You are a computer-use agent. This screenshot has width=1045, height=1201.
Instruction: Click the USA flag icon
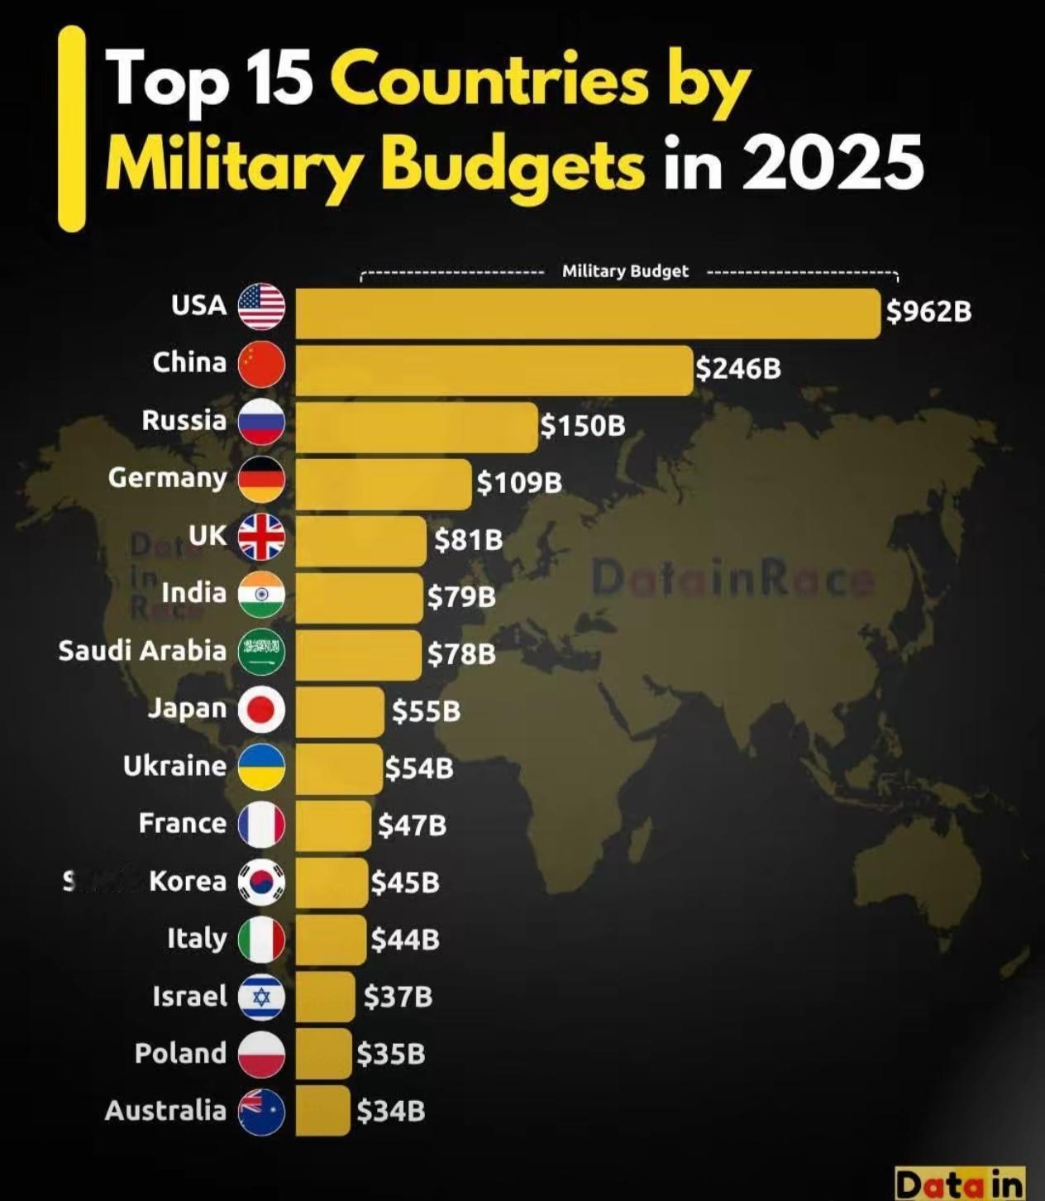click(261, 307)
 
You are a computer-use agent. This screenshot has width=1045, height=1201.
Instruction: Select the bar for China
click(494, 371)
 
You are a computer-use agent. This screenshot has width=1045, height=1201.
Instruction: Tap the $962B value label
click(928, 312)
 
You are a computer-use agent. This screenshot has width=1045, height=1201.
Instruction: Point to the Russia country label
click(184, 420)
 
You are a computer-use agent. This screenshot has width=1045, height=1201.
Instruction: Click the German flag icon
click(261, 479)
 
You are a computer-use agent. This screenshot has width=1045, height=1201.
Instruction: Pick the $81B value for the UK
click(469, 540)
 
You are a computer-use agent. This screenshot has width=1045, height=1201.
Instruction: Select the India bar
click(358, 597)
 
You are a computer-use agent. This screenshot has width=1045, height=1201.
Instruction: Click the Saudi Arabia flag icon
click(261, 652)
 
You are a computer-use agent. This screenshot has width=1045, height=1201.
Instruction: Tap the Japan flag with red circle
click(261, 710)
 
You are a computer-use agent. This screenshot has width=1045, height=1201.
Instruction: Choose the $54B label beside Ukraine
click(419, 768)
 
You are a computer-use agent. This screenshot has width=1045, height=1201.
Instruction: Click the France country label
click(182, 823)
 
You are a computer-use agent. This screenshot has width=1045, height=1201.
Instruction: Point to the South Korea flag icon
click(261, 882)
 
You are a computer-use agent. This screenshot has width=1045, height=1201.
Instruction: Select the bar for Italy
click(331, 939)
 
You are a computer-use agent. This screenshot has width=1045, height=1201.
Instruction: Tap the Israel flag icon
click(261, 997)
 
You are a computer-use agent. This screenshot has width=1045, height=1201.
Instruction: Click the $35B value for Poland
click(391, 1054)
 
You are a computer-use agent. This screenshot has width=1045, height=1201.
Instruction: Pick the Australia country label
click(165, 1110)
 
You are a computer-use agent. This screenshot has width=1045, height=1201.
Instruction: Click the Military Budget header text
click(625, 271)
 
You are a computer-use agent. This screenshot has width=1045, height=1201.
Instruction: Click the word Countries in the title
click(488, 81)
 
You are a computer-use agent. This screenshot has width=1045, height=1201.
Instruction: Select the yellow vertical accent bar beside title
click(72, 128)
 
